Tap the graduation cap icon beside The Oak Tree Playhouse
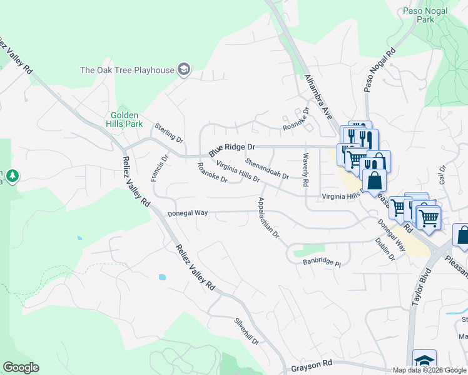[x=184, y=69]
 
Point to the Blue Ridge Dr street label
[x=232, y=149]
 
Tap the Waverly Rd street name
[x=306, y=170]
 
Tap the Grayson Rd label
[x=312, y=364]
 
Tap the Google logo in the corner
[x=21, y=367]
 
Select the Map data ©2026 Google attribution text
[x=429, y=370]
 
